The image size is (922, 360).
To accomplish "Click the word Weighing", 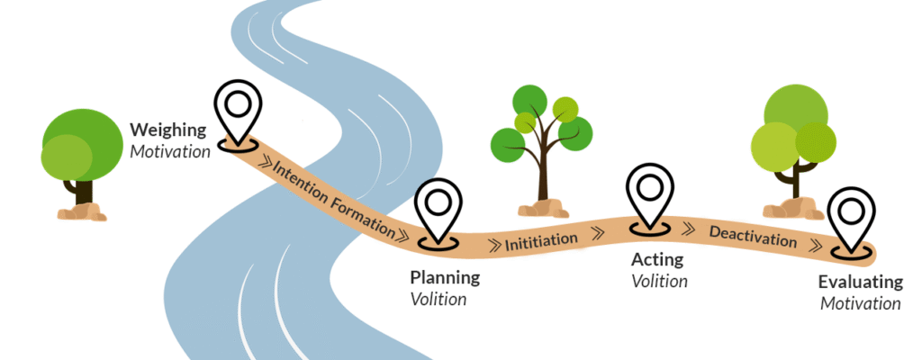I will [x=169, y=130].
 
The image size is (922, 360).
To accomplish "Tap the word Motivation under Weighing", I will [x=169, y=150].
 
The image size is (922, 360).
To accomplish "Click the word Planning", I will [x=445, y=277].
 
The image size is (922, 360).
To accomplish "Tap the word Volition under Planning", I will [x=438, y=299].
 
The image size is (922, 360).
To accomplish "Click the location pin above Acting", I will [x=650, y=199].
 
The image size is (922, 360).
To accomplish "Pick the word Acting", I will [x=657, y=260].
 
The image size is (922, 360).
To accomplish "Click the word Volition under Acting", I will [x=659, y=282].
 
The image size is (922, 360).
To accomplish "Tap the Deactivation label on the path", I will [x=753, y=238].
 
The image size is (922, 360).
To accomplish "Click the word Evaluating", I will [x=861, y=282].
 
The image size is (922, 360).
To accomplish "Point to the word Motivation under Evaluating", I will [x=861, y=303].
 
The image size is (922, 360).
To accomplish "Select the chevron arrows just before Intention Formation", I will [x=264, y=163].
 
